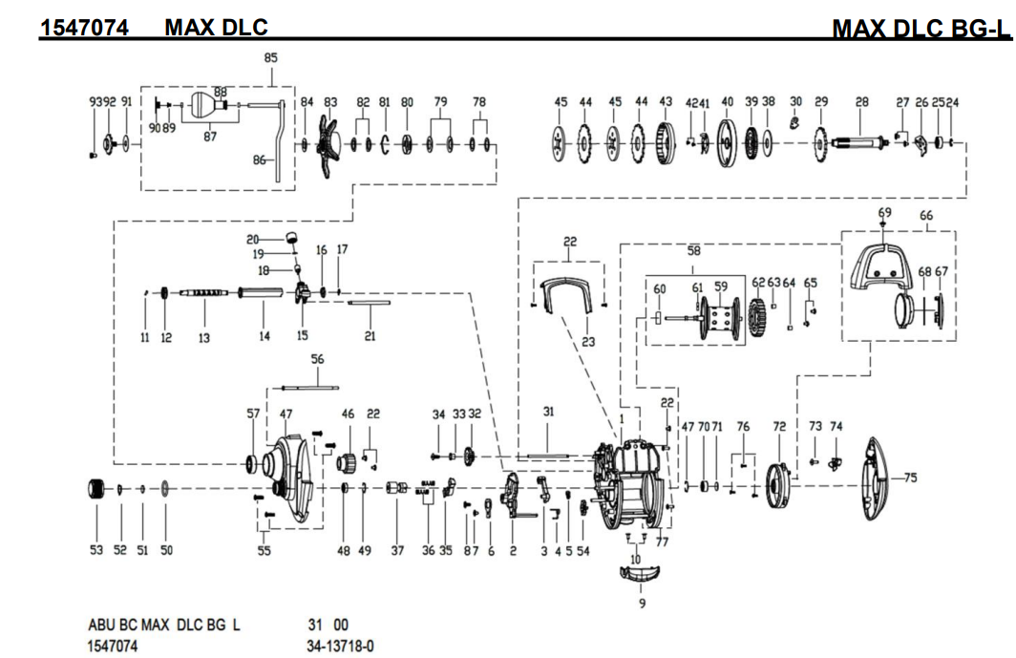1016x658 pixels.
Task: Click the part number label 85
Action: pos(270,58)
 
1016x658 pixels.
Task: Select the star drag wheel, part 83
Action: pos(330,144)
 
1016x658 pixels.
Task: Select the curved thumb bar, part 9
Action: pos(641,573)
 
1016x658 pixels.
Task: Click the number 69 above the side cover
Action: pos(884,212)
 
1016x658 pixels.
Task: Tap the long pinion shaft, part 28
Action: pos(859,144)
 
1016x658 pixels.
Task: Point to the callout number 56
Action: pos(317,359)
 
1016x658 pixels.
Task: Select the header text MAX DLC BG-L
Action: pos(921,30)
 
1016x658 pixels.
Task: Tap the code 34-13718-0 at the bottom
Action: pos(340,647)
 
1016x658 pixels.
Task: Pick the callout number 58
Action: pos(694,251)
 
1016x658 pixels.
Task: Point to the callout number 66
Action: pos(926,217)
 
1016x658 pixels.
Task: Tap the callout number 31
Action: pos(548,412)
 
